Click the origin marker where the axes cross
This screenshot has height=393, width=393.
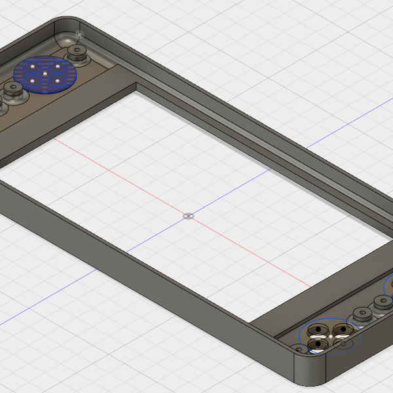click(188, 215)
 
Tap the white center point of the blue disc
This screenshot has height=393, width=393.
click(45, 73)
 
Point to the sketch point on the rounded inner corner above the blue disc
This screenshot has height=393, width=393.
click(79, 33)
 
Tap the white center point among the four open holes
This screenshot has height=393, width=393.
click(331, 336)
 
